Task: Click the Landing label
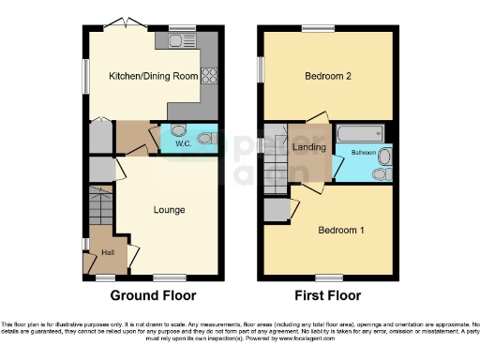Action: (x=309, y=147)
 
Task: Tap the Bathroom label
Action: (x=364, y=151)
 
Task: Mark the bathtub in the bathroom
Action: (x=359, y=130)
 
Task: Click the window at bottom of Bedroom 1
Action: (x=326, y=277)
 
